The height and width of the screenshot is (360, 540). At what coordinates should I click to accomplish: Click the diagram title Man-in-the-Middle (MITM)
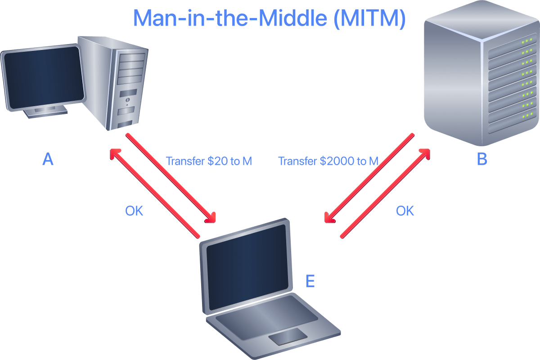click(269, 18)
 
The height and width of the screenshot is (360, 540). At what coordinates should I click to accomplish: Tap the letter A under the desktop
click(48, 159)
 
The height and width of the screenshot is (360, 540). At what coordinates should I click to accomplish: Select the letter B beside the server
click(482, 159)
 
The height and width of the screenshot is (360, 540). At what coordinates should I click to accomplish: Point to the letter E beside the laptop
click(310, 281)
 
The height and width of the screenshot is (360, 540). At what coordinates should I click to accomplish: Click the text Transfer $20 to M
click(209, 161)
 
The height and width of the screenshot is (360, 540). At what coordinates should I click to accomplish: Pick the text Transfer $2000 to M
click(328, 161)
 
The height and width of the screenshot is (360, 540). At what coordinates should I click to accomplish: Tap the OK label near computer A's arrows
click(134, 211)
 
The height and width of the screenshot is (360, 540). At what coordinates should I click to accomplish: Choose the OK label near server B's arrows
click(405, 211)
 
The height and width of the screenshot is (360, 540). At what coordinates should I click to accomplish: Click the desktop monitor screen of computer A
click(44, 77)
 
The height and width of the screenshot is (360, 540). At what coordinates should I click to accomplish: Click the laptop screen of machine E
click(247, 267)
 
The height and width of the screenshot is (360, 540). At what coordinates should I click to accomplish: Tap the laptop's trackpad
click(288, 336)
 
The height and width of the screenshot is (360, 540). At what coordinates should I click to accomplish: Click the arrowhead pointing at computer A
click(115, 154)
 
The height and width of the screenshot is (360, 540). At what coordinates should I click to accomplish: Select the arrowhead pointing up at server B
click(425, 154)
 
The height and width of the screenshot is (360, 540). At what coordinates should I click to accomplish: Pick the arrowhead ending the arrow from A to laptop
click(211, 217)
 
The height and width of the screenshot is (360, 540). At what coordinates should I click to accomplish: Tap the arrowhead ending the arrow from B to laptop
click(329, 218)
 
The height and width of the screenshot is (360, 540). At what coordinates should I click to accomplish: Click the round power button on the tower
click(127, 99)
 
